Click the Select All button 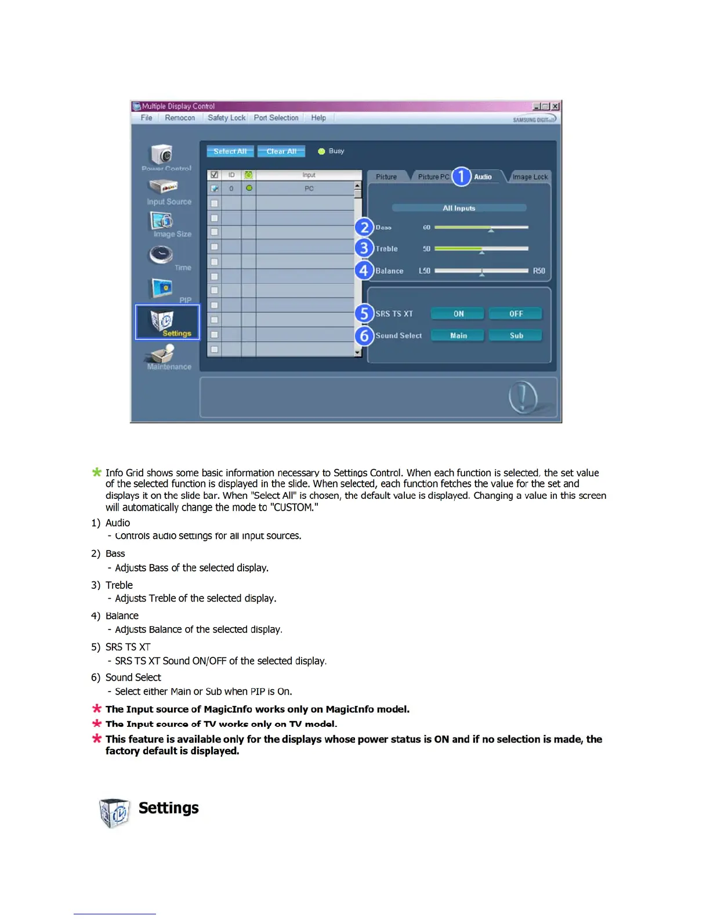(x=230, y=151)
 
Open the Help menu (x=318, y=118)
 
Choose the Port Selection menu (x=276, y=118)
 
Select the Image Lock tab (x=530, y=177)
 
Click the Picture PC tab (x=433, y=177)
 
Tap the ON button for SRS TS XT (x=458, y=314)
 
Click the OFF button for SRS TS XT (x=516, y=314)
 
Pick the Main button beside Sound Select (x=458, y=336)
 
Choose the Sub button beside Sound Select (x=516, y=336)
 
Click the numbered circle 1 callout (x=461, y=176)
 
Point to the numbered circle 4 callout (x=364, y=270)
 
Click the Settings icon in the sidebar (x=167, y=322)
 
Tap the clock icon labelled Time (x=162, y=255)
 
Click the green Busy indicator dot (x=321, y=151)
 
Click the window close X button (x=555, y=106)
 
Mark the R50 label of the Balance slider (x=539, y=271)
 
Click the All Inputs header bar (x=459, y=208)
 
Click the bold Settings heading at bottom (x=168, y=808)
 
